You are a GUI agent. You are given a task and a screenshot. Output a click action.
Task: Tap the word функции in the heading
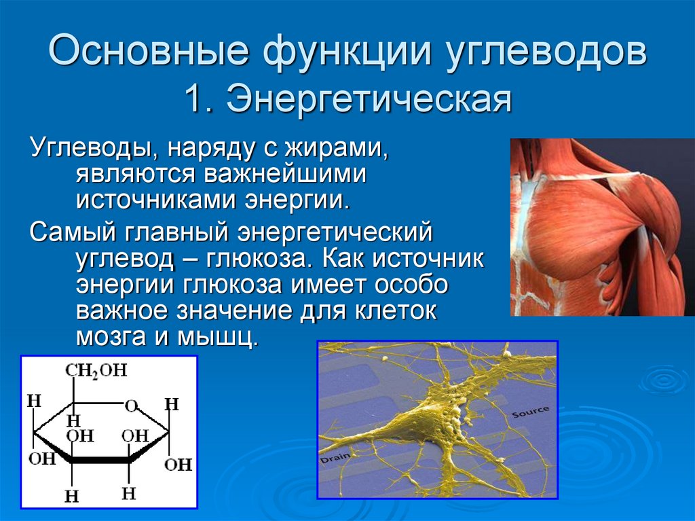[x=347, y=52]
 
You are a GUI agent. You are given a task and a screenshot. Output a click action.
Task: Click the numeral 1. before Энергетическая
[x=200, y=98]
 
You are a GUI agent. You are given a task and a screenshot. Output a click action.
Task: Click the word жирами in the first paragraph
[x=337, y=147]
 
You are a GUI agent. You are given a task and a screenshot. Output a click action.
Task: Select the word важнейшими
[x=285, y=173]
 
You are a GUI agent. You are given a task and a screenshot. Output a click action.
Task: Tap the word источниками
[x=157, y=199]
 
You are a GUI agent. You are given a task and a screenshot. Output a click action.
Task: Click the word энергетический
[x=335, y=232]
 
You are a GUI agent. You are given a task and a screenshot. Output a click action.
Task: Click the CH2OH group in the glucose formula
[x=96, y=370]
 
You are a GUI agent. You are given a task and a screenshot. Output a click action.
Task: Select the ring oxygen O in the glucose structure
[x=131, y=405]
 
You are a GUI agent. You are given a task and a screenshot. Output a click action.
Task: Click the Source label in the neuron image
[x=531, y=412]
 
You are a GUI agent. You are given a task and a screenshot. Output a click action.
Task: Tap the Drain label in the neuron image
[x=335, y=459]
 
